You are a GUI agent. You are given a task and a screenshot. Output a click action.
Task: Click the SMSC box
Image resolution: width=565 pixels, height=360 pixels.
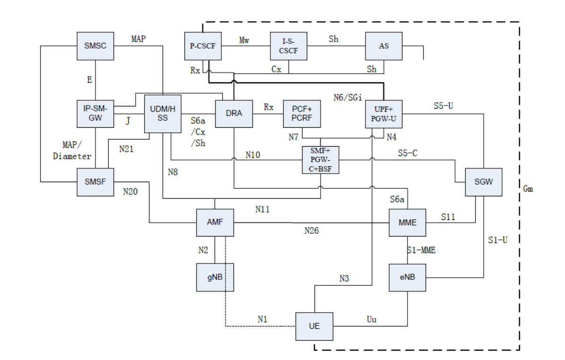coord(96,46)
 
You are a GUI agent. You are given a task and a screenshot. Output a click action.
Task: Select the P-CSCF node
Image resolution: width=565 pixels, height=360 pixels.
coord(203,46)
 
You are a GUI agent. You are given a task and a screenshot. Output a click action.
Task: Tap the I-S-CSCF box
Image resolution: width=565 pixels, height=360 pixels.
coord(288,46)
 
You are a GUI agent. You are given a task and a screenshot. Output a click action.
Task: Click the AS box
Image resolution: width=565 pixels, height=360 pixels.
coord(383,46)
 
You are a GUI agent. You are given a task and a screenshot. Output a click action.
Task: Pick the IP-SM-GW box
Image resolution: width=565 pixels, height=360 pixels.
coord(96,114)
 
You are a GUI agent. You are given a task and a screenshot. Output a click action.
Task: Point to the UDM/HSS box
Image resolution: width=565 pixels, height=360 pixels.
coord(162,114)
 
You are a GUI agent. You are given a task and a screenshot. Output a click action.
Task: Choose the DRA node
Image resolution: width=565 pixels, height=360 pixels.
coord(234,114)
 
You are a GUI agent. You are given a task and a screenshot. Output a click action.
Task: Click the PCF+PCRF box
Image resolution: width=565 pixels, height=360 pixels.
coord(302,114)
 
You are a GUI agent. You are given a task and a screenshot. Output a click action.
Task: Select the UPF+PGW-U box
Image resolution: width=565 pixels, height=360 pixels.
coord(383,114)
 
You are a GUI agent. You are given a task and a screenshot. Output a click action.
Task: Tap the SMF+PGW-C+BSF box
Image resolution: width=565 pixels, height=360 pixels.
coord(321,160)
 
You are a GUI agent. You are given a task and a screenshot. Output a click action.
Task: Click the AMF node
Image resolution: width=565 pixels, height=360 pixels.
coord(215,222)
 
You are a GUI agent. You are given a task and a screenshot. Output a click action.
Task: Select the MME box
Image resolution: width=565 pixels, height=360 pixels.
coord(407,222)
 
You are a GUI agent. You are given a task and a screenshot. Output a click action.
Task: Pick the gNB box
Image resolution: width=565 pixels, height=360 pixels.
coord(215,277)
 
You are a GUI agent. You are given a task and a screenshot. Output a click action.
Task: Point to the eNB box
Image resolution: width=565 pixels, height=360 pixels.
coord(407,277)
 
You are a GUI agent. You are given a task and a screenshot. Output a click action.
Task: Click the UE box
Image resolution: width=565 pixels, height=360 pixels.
coord(314,326)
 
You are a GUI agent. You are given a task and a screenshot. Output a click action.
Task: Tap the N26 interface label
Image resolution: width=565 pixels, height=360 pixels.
coord(312,231)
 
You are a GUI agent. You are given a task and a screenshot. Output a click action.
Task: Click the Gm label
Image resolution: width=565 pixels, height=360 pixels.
coord(528,189)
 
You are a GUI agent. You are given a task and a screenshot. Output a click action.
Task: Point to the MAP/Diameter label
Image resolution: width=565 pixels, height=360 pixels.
coord(72,149)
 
